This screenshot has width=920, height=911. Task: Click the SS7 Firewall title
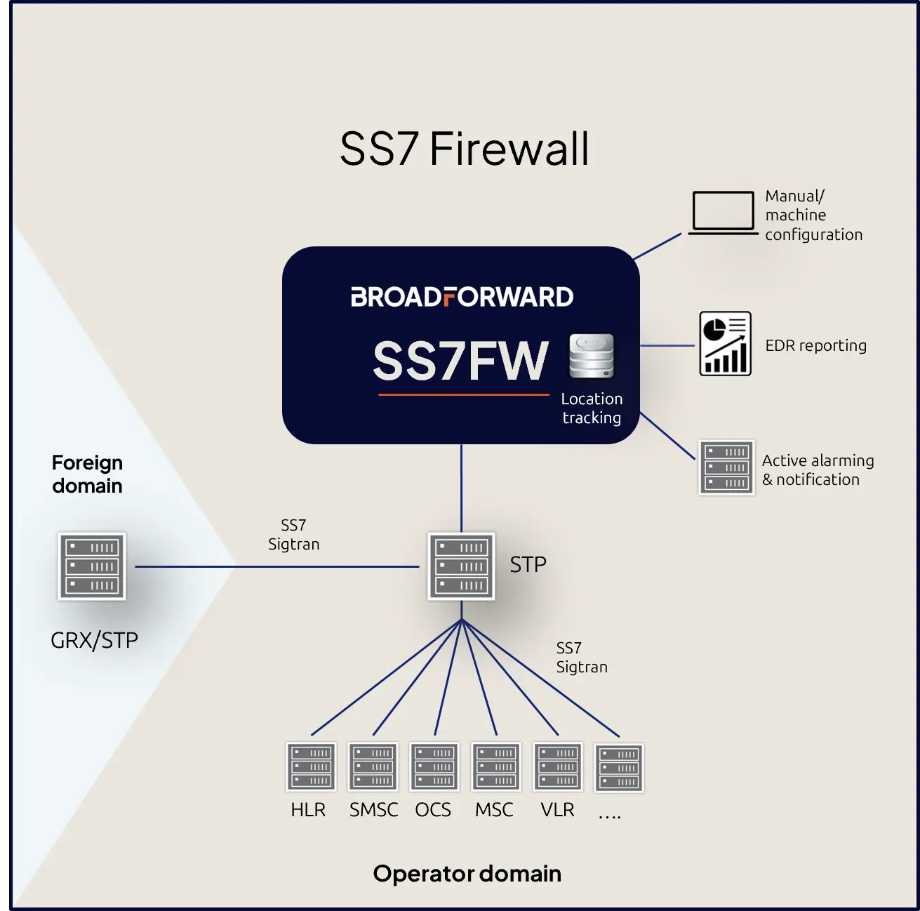coord(464,149)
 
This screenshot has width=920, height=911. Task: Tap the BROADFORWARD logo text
coord(462,297)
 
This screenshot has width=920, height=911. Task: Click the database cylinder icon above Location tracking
coord(591,356)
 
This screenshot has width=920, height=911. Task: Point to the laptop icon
coord(723,213)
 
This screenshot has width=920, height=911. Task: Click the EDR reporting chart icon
coord(725,343)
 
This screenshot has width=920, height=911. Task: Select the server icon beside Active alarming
coord(726,467)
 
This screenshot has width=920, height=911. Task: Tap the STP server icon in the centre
coord(461,566)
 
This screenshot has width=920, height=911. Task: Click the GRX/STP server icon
coord(92,566)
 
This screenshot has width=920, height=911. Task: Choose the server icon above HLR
coord(311,766)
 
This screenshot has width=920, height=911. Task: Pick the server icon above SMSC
coord(373,766)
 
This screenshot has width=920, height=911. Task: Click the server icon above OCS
coord(434,766)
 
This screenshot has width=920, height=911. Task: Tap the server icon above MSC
coord(495,766)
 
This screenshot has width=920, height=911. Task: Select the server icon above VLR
coord(557,766)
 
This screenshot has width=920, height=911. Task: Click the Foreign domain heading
coord(88,474)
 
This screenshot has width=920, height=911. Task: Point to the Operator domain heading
coord(467,873)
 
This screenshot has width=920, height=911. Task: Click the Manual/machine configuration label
coord(813,215)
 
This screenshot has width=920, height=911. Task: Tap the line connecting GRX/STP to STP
coord(277,566)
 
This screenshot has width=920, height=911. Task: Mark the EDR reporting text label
coord(815,345)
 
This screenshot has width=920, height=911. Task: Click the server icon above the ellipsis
coord(618,768)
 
